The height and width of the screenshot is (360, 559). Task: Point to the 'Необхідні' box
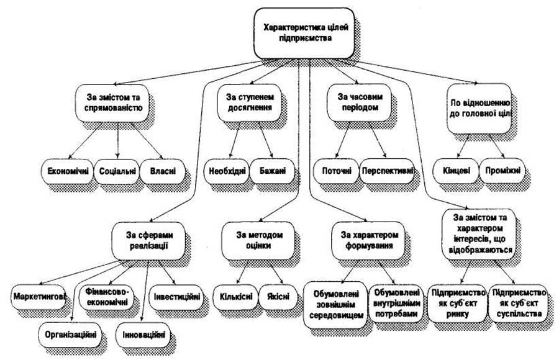pyautogui.click(x=225, y=170)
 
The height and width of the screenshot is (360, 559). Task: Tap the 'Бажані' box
pyautogui.click(x=269, y=170)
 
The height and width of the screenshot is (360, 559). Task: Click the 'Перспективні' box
pyautogui.click(x=386, y=170)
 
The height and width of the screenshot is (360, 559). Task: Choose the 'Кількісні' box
pyautogui.click(x=234, y=295)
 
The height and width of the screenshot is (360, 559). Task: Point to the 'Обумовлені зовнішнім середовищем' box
pyautogui.click(x=334, y=300)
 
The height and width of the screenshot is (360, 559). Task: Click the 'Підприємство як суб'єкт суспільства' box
pyautogui.click(x=519, y=302)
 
